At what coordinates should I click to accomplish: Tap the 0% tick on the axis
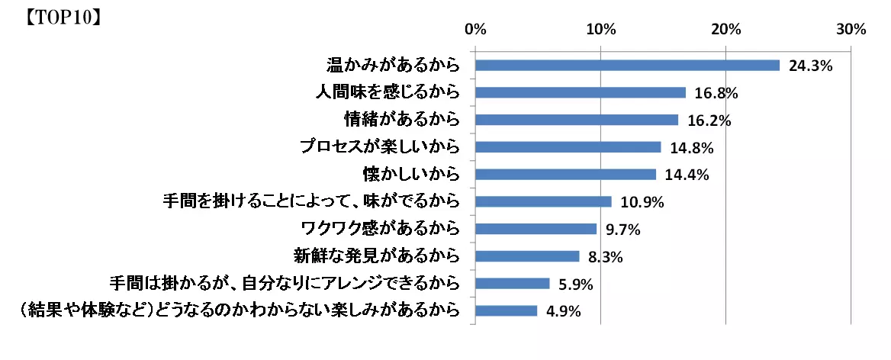tap(475, 30)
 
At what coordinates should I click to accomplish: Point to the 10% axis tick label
tap(600, 30)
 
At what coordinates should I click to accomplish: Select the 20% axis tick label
tap(725, 30)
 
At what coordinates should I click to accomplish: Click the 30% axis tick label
tap(851, 30)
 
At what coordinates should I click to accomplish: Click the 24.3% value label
tap(810, 66)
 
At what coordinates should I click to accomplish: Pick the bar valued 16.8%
tap(581, 93)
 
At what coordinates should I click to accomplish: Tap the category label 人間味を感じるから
tap(389, 93)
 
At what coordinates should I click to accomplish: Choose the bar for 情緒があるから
tap(577, 120)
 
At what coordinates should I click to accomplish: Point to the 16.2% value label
tap(709, 121)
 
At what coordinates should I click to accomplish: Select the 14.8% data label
tap(692, 147)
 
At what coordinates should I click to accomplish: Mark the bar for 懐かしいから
tap(565, 175)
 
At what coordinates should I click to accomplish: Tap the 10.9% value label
tap(642, 202)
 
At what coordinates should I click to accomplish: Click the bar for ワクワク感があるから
tap(536, 229)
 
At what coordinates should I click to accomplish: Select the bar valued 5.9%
tap(512, 284)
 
